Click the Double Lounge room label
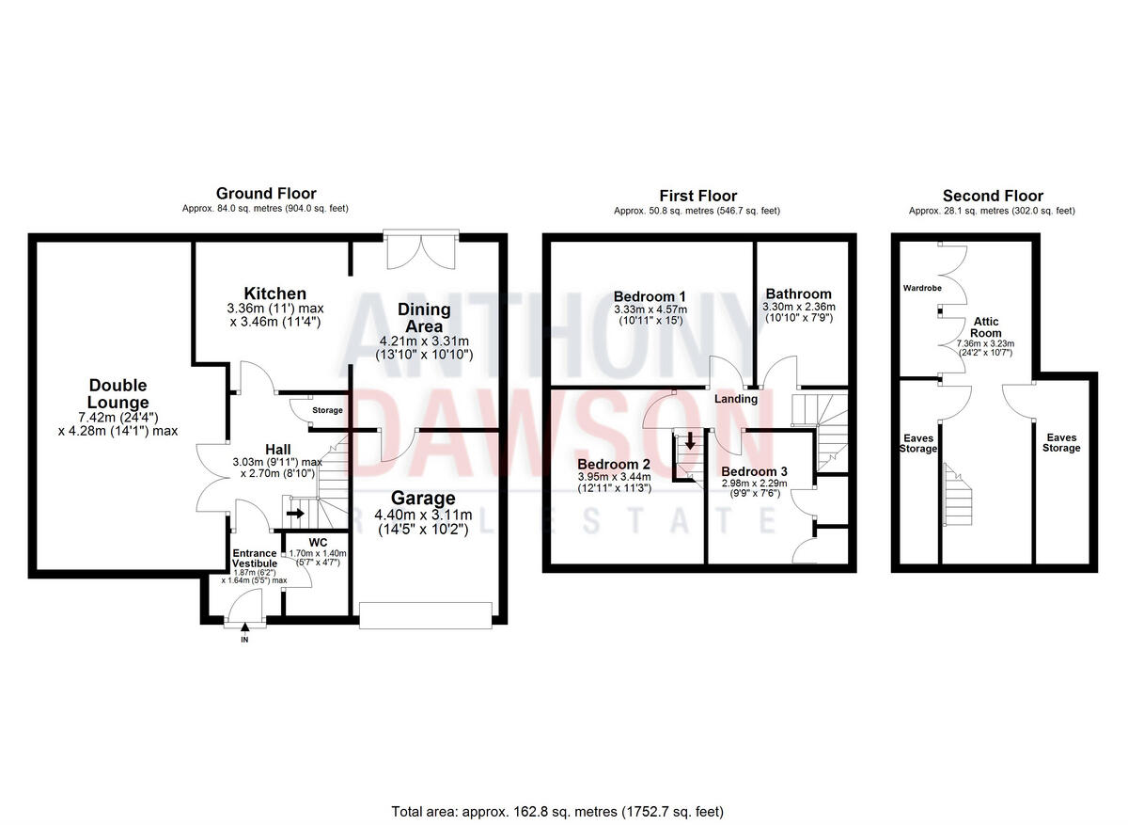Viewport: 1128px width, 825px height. (118, 394)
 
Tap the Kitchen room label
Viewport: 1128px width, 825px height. (274, 294)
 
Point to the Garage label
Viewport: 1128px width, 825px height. (428, 499)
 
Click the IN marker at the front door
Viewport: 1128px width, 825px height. (244, 640)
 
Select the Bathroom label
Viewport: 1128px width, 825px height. (798, 294)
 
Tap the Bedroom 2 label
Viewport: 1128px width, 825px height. (614, 465)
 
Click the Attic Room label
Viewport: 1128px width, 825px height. (986, 326)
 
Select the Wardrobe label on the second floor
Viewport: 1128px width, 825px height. (923, 288)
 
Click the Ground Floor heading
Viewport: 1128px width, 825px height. (267, 194)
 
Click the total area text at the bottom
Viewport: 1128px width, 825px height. (557, 811)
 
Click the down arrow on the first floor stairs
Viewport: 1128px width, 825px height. (690, 440)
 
